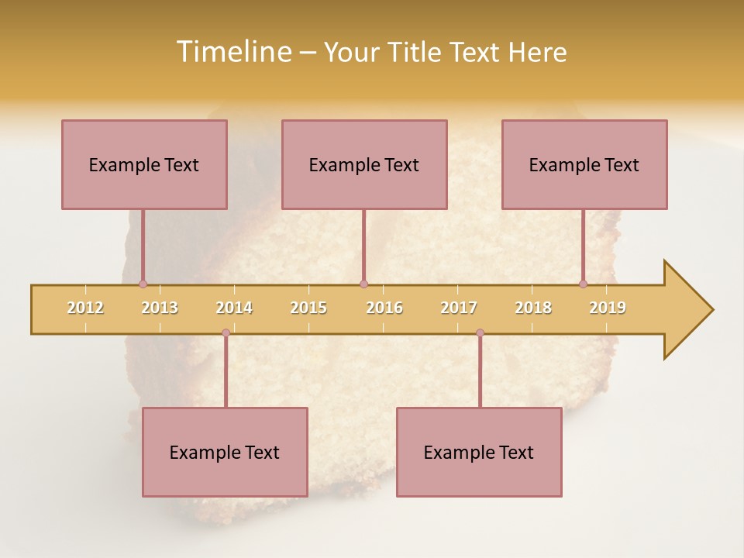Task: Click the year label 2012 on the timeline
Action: pyautogui.click(x=85, y=308)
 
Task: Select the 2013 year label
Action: pyautogui.click(x=160, y=308)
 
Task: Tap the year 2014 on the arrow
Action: pyautogui.click(x=234, y=308)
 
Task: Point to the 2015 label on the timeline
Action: pyautogui.click(x=308, y=308)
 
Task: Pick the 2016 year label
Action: pyautogui.click(x=384, y=308)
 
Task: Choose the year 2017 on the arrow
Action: pyautogui.click(x=459, y=308)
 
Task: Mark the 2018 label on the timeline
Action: pyautogui.click(x=533, y=308)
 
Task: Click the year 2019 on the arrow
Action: pyautogui.click(x=608, y=308)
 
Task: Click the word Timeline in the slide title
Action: pyautogui.click(x=232, y=52)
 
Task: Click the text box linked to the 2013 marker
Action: pyautogui.click(x=144, y=164)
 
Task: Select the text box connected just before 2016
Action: pyautogui.click(x=364, y=164)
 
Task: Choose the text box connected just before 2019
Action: pyautogui.click(x=584, y=164)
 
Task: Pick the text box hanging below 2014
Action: pyautogui.click(x=225, y=452)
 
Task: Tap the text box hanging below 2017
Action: pyautogui.click(x=479, y=452)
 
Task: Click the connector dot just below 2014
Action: pyautogui.click(x=226, y=333)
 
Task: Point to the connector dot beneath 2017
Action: pyautogui.click(x=480, y=333)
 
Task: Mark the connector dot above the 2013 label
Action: pyautogui.click(x=143, y=284)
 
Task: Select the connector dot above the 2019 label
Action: pyautogui.click(x=583, y=284)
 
